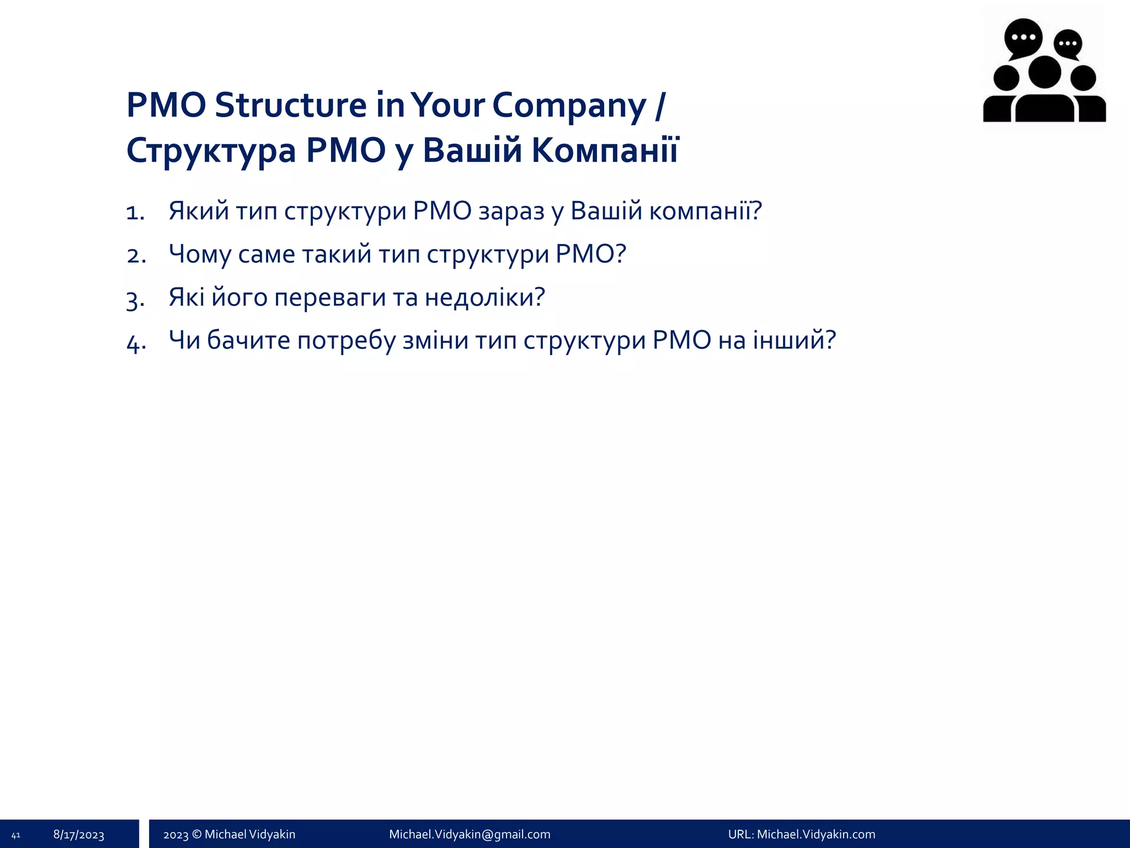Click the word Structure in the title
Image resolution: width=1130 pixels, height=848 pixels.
click(290, 105)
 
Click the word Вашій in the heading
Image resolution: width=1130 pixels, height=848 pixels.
click(472, 150)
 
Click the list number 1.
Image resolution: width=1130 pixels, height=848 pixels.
click(134, 213)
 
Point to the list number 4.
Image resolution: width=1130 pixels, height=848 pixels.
click(135, 342)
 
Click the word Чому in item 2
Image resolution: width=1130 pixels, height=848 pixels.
click(199, 255)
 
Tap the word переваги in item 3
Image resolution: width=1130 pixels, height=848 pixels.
click(330, 298)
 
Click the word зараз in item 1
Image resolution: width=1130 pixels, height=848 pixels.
click(511, 211)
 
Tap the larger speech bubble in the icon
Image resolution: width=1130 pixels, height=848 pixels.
click(1023, 38)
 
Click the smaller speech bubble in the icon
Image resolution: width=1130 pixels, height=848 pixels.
click(1068, 44)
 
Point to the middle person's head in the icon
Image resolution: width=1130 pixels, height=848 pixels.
click(1044, 72)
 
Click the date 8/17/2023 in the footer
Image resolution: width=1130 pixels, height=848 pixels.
click(79, 835)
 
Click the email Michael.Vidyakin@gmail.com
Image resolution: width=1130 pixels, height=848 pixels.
click(470, 834)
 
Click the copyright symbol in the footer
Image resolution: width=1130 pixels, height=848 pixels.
click(196, 834)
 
